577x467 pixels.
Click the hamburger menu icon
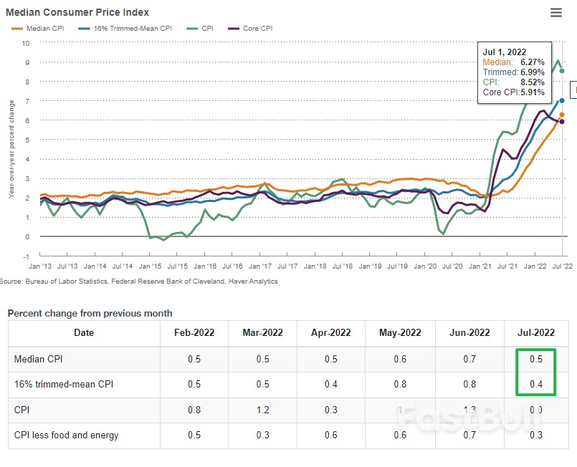(555, 12)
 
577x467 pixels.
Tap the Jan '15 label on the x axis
(151, 266)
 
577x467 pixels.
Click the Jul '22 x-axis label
(561, 266)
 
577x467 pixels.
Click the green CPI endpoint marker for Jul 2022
(562, 71)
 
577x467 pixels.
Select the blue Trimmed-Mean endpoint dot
(562, 101)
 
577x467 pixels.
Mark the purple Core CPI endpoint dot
(562, 122)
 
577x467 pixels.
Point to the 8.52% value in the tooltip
(533, 82)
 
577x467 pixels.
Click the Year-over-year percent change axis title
(11, 149)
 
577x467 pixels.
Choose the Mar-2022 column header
(262, 332)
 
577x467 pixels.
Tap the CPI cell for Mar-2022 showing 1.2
(262, 410)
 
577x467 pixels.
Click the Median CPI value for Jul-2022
(535, 359)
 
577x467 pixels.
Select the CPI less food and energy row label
(67, 435)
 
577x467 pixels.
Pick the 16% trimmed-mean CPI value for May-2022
(400, 385)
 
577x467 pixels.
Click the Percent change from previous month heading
(90, 313)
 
